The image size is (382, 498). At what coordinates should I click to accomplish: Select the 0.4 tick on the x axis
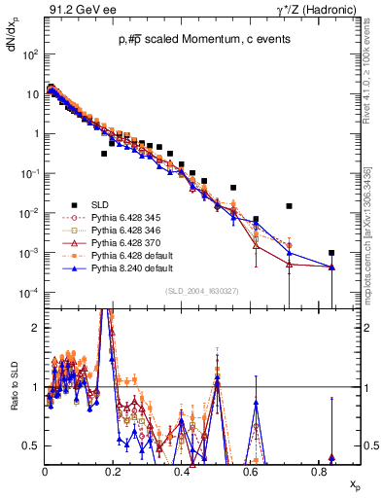[182, 470]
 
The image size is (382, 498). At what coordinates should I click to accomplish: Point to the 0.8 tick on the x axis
[319, 470]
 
